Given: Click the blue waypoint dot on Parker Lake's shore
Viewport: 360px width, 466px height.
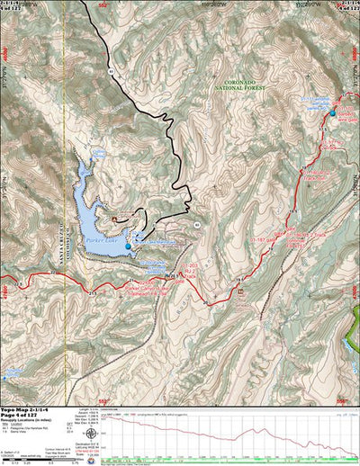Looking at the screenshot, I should pos(128,246).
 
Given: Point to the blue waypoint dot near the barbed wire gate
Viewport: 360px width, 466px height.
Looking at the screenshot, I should pos(333,112).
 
